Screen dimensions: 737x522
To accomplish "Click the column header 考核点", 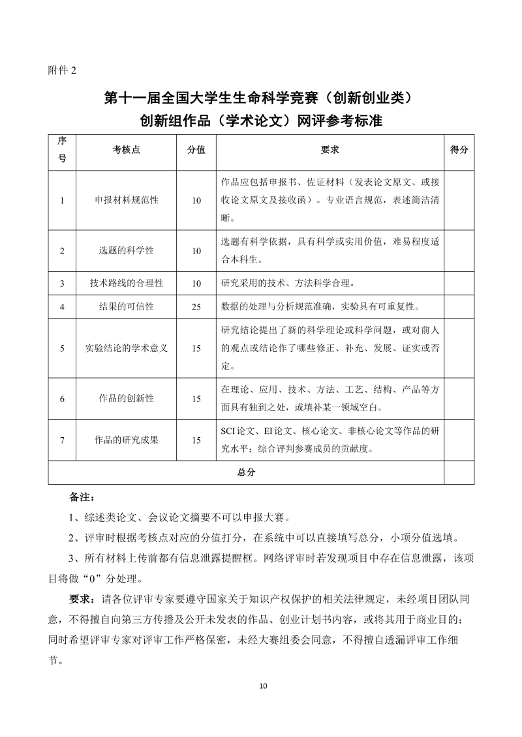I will pos(127,149).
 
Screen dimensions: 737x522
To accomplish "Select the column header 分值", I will pos(196,149).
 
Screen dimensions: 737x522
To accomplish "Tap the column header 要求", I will pos(330,149).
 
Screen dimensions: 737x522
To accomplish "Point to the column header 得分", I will pos(459,149).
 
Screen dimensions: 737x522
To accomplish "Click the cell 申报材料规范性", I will pos(127,200).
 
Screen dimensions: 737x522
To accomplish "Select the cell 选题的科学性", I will pos(127,250).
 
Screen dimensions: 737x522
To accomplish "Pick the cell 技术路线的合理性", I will pos(127,283).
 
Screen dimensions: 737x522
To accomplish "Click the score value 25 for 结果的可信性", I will pos(196,306).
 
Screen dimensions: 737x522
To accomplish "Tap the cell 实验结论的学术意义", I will pos(127,348).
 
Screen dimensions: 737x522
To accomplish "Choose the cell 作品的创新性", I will pos(127,398).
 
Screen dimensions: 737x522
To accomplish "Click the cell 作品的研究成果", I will pos(127,440).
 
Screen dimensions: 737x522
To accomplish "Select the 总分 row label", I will pos(246,472).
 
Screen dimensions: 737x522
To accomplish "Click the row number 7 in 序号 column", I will pos(62,440).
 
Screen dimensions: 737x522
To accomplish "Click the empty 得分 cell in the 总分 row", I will pos(459,472).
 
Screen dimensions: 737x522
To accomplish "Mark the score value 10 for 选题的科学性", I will pos(196,250).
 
